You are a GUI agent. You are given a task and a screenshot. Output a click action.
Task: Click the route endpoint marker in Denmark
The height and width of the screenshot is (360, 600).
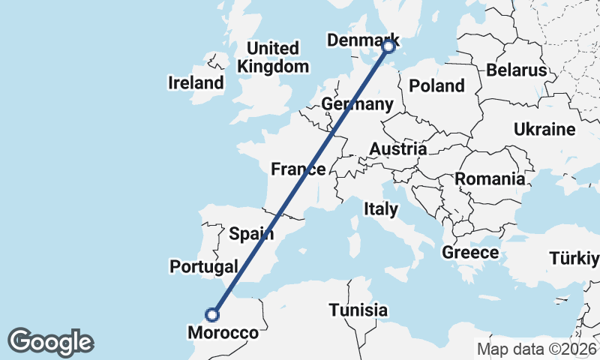coord(388,46)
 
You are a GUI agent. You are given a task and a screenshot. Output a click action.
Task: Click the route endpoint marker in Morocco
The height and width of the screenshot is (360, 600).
coord(214,315)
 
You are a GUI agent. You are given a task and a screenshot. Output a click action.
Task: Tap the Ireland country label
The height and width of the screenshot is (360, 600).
coord(196,82)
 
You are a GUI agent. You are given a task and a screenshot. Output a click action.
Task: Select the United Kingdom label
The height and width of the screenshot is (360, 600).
coord(273,58)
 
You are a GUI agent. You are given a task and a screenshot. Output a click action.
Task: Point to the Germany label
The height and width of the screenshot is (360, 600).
coord(356,104)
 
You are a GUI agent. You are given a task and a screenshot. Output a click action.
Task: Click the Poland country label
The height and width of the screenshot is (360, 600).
coord(437,86)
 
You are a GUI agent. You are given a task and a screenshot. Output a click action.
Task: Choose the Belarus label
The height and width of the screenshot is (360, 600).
coord(516,70)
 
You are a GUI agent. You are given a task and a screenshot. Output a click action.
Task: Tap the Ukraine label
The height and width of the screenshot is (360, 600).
coord(544,130)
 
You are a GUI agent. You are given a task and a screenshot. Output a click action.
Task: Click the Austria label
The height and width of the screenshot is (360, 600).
coord(397,150)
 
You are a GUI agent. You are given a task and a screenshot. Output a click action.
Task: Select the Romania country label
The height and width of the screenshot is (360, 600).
coord(490,179)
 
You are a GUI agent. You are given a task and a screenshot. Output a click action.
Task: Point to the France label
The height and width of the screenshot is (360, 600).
coord(298,169)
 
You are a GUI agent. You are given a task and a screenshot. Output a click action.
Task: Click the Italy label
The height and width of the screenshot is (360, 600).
coord(380,209)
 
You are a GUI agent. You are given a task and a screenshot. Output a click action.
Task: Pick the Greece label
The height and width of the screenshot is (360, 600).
coord(470,252)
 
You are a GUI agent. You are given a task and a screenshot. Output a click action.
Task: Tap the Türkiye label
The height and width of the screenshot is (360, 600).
coord(574,259)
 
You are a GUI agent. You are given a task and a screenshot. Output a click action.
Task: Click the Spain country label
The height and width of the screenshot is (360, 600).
coord(250,233)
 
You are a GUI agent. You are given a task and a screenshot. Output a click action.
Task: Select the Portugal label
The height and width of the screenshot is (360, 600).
coord(204,266)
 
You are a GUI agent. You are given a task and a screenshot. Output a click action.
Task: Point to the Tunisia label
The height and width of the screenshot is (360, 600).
coord(358,310)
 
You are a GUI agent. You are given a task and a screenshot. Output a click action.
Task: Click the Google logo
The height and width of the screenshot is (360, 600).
coord(50,342)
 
